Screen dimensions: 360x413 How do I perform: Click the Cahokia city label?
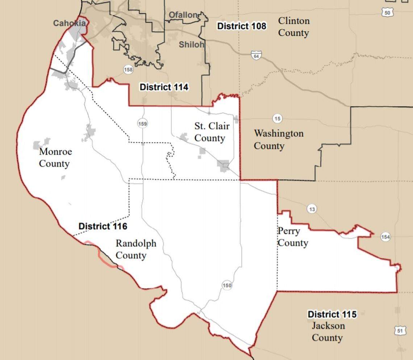click(70, 23)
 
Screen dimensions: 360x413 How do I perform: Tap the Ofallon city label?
click(183, 15)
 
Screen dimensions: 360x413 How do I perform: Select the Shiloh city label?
click(191, 45)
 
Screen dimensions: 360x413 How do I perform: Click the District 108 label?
click(241, 26)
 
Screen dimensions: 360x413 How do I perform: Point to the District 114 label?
click(164, 87)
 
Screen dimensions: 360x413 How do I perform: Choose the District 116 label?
click(103, 226)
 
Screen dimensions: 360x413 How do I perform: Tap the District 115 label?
click(332, 314)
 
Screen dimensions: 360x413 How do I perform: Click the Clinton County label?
click(293, 27)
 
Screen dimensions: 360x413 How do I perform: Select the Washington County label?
click(278, 139)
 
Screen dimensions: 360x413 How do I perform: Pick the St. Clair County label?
click(212, 132)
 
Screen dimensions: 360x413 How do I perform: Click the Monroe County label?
click(55, 158)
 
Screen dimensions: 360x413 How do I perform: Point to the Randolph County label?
click(135, 249)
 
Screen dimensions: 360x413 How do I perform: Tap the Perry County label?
click(292, 237)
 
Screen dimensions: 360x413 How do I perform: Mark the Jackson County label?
click(328, 332)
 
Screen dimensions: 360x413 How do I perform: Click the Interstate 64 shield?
click(256, 55)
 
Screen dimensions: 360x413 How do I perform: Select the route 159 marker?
click(142, 124)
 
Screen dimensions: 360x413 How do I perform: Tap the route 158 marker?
click(128, 70)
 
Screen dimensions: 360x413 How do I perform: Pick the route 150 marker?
click(227, 285)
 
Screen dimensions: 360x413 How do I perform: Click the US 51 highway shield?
click(399, 330)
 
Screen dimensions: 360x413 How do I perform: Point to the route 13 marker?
click(312, 209)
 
